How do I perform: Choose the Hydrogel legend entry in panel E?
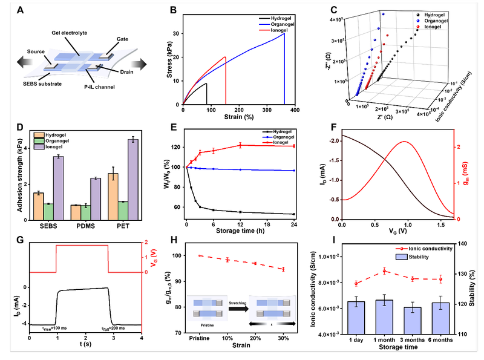pyautogui.click(x=277, y=130)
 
